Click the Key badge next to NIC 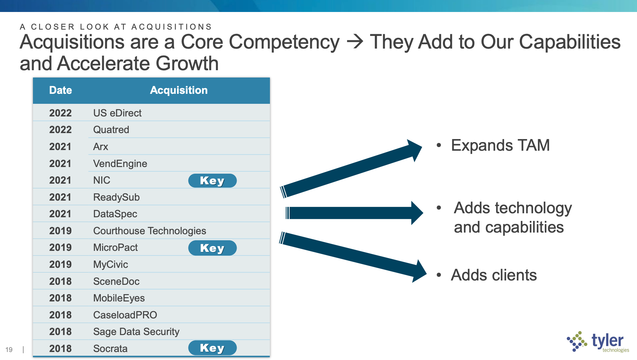tap(212, 181)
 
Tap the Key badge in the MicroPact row tap(212, 248)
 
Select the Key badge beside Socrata tap(212, 348)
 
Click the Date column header tap(61, 90)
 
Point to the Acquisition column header tap(179, 90)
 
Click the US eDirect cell tap(117, 113)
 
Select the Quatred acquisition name tap(111, 130)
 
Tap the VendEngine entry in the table tap(120, 164)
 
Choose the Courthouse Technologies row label tap(149, 231)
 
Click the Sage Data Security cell tap(136, 332)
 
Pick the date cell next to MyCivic tap(61, 265)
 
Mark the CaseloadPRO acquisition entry tap(125, 315)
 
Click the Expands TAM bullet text tap(500, 146)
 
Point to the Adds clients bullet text tap(494, 275)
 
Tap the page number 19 tap(9, 350)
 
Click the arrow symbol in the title tap(355, 42)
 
